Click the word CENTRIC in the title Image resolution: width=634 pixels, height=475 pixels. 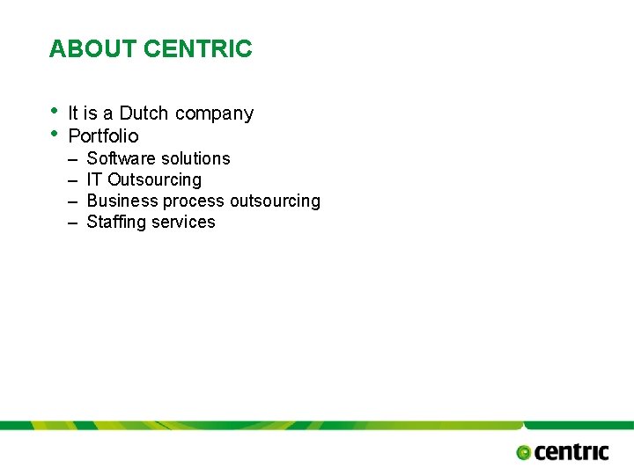197,48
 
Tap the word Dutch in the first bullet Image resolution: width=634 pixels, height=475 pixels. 144,113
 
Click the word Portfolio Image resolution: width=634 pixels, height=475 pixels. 103,136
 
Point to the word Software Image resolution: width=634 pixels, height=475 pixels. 118,158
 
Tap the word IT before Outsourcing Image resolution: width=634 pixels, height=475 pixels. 94,179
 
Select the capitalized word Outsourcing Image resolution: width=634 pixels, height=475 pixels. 154,179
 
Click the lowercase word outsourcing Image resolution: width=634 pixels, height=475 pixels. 275,201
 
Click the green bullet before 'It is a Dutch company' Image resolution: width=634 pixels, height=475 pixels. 55,111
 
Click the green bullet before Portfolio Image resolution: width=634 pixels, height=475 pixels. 55,134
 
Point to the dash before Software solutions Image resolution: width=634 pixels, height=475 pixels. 70,159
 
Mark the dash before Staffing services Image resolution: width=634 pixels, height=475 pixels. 70,223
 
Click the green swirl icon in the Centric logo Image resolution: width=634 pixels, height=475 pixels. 523,452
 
